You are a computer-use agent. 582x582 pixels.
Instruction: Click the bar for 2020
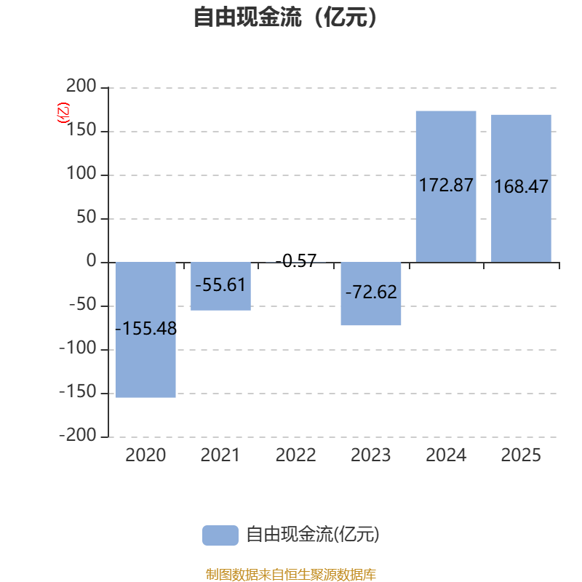pyautogui.click(x=145, y=364)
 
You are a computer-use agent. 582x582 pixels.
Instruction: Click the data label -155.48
pyautogui.click(x=145, y=328)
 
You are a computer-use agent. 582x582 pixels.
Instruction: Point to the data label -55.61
pyautogui.click(x=220, y=284)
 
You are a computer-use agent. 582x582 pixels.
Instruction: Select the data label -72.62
pyautogui.click(x=371, y=292)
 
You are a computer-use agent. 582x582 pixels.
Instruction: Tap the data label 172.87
pyautogui.click(x=446, y=185)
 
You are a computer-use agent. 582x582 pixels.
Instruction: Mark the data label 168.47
pyautogui.click(x=521, y=186)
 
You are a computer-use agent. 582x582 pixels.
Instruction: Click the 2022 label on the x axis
pyautogui.click(x=295, y=455)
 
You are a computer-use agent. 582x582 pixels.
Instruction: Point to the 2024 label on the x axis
pyautogui.click(x=446, y=455)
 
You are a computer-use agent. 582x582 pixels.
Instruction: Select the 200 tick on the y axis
pyautogui.click(x=81, y=87)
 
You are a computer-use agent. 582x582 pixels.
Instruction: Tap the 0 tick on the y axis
pyautogui.click(x=91, y=262)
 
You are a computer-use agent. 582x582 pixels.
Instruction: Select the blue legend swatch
pyautogui.click(x=220, y=535)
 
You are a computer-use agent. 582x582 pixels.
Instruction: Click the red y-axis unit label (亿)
pyautogui.click(x=63, y=113)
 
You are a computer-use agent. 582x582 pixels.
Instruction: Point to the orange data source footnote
pyautogui.click(x=290, y=575)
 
